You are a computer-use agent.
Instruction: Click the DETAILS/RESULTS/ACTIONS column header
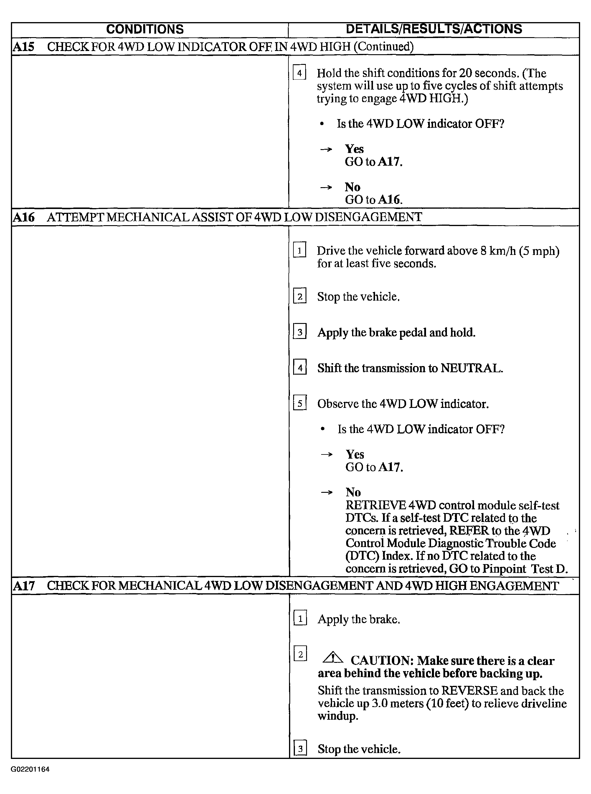click(434, 29)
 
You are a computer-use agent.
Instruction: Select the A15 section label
click(24, 47)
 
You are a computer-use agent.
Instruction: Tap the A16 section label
click(24, 217)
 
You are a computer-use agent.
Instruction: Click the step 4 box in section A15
click(299, 73)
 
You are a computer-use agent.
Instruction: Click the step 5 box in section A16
click(300, 403)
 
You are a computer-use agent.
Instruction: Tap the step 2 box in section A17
click(300, 655)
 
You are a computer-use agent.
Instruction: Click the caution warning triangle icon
click(333, 658)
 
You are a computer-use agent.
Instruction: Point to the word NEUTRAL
click(471, 368)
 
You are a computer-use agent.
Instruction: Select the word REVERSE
click(469, 690)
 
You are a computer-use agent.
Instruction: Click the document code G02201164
click(30, 769)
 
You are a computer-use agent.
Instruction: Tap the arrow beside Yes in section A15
click(326, 149)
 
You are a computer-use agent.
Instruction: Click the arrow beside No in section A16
click(327, 493)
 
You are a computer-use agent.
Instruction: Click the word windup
click(337, 716)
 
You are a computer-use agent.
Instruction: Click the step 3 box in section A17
click(300, 749)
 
